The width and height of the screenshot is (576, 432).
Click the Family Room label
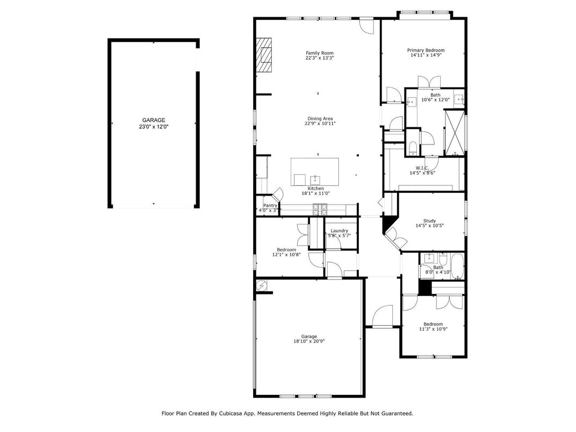click(x=319, y=53)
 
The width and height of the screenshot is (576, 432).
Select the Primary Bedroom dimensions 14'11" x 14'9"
click(x=426, y=55)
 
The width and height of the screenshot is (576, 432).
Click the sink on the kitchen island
click(x=314, y=179)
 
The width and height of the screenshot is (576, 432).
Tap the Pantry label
click(x=270, y=205)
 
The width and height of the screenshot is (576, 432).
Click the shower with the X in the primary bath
click(x=453, y=132)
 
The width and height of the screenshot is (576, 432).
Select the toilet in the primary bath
click(x=412, y=147)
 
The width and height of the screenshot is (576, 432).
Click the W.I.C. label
click(x=422, y=168)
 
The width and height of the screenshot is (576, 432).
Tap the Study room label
click(x=429, y=220)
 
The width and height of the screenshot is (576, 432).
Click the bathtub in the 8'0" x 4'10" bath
click(x=457, y=267)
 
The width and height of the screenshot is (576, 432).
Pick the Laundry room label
click(x=339, y=231)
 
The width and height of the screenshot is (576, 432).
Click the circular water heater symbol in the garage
click(x=261, y=285)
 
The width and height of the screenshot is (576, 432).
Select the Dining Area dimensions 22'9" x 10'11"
click(x=320, y=124)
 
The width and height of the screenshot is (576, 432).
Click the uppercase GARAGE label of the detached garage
click(x=154, y=120)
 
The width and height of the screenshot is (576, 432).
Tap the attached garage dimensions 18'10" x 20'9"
click(x=309, y=341)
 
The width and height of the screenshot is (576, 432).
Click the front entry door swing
click(x=383, y=316)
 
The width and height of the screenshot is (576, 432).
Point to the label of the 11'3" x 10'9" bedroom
click(x=433, y=324)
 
